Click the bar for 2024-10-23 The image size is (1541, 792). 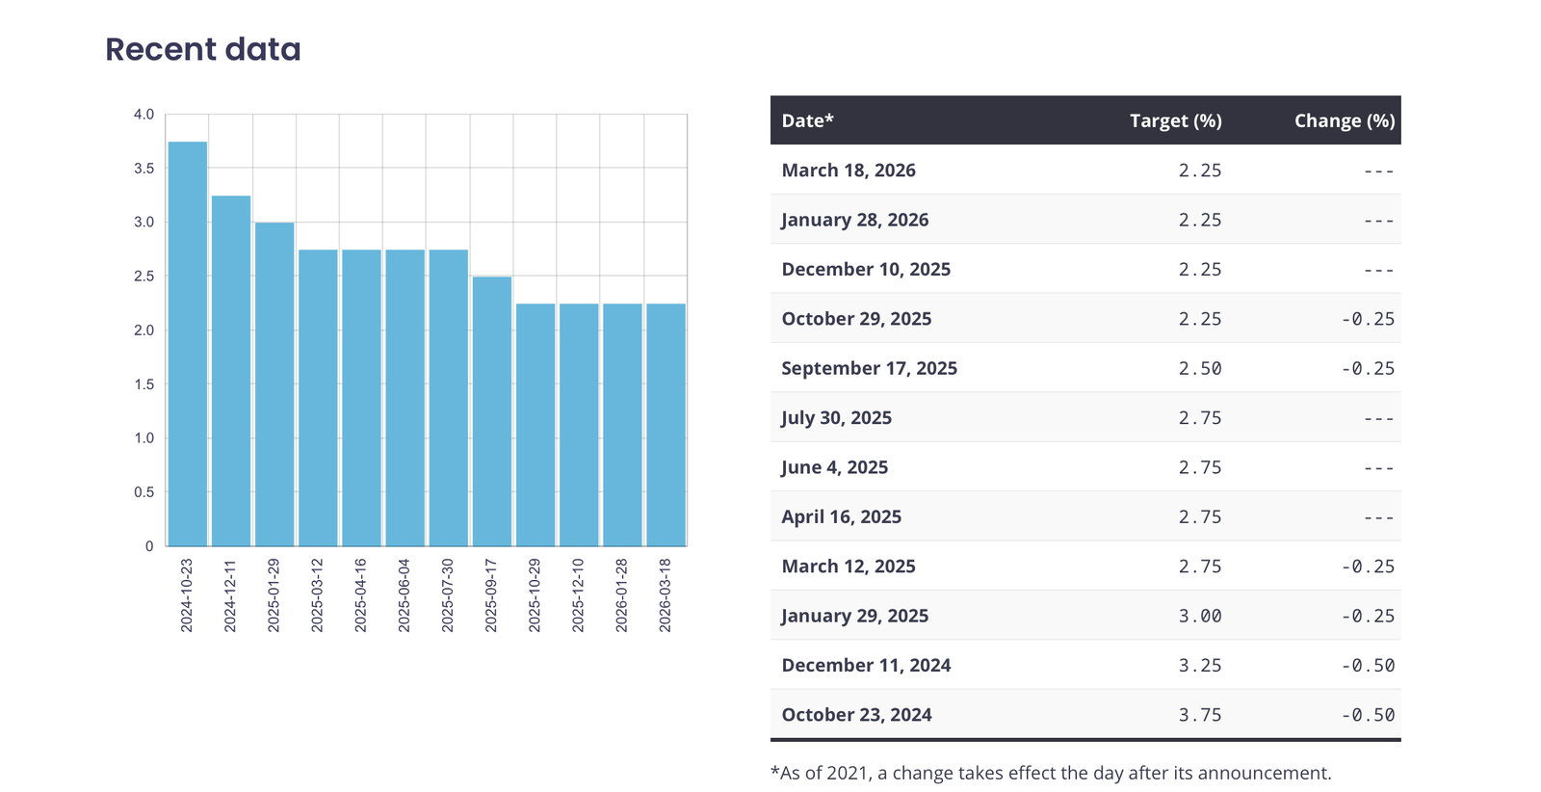[188, 344]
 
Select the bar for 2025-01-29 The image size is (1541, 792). [274, 384]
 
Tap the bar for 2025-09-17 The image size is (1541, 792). [491, 411]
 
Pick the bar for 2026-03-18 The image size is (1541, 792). [666, 425]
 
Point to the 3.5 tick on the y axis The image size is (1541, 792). [144, 169]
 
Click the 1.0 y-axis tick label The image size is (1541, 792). [144, 438]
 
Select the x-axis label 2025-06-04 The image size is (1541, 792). [405, 595]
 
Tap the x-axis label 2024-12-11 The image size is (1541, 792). [230, 595]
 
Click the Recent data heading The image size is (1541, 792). [203, 49]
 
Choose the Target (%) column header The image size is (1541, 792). [1175, 120]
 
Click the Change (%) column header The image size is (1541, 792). [1344, 120]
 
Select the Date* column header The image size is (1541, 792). [807, 120]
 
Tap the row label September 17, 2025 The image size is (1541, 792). [869, 368]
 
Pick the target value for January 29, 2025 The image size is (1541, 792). [1200, 616]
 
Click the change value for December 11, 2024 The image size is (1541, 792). [1368, 666]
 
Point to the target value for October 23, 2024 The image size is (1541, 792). [1200, 715]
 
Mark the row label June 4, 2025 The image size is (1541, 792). [834, 467]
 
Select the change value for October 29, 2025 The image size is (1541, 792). [1368, 319]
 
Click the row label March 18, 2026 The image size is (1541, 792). [849, 171]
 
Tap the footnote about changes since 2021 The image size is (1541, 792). [1051, 773]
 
